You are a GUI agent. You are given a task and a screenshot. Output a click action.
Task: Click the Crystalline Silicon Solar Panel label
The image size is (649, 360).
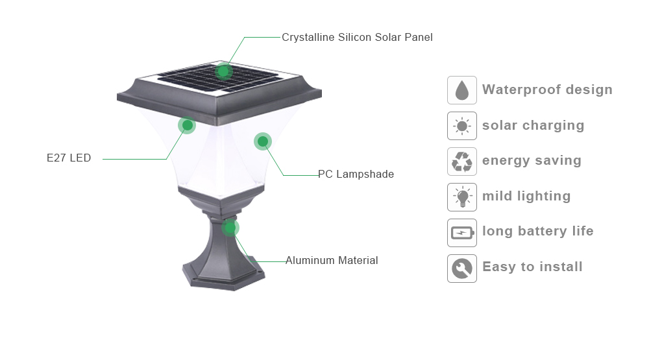(357, 37)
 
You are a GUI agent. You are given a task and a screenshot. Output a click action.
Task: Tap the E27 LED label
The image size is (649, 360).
(69, 158)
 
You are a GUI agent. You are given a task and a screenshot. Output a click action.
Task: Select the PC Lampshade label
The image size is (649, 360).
(356, 174)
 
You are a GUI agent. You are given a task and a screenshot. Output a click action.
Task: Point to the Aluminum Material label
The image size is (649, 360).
(332, 260)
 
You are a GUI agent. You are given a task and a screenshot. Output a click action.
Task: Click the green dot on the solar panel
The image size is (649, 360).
(223, 71)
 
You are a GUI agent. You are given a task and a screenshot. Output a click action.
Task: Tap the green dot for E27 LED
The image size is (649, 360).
(187, 125)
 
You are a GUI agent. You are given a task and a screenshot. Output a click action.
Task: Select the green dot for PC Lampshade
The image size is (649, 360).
(263, 141)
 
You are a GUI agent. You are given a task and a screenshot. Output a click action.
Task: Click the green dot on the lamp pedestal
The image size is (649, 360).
(230, 228)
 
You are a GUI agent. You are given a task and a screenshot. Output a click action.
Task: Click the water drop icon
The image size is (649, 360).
(462, 90)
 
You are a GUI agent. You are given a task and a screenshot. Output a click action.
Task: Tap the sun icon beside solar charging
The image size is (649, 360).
(462, 126)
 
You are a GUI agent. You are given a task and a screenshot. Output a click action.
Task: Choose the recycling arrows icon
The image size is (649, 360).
(462, 162)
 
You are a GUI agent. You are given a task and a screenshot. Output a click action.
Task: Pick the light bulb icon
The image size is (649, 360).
(462, 197)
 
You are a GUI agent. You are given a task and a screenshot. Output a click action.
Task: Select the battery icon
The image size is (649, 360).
(462, 233)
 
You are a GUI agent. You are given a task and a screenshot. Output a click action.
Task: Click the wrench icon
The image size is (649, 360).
(462, 269)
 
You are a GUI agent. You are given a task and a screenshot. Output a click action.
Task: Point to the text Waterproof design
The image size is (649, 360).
(547, 90)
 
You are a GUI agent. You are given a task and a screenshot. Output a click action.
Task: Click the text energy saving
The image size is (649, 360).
(532, 161)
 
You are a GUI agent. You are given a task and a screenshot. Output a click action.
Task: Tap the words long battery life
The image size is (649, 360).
(537, 232)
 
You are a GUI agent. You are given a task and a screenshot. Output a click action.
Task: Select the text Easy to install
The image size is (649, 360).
(532, 267)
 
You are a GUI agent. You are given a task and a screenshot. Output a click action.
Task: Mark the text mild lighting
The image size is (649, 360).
(526, 197)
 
